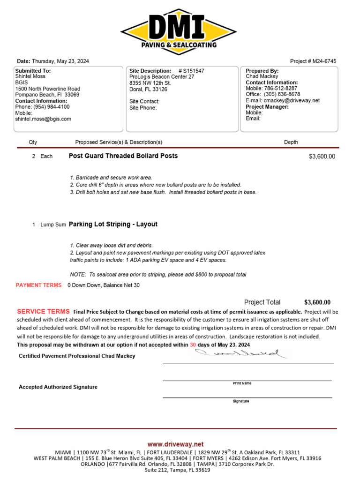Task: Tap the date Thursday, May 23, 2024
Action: (x=60, y=61)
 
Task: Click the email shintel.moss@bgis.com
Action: (x=43, y=119)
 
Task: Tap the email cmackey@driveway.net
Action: (x=292, y=100)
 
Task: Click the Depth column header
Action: (x=291, y=142)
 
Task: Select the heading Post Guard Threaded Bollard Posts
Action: (x=123, y=156)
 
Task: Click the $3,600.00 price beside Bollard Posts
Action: (x=322, y=157)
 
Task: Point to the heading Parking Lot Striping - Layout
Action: (x=113, y=224)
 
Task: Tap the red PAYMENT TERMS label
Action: (x=38, y=285)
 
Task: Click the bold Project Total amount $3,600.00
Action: (x=317, y=302)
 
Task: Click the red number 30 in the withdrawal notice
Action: (x=193, y=345)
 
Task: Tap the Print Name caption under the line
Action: (x=242, y=383)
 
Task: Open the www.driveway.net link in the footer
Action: (x=175, y=444)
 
